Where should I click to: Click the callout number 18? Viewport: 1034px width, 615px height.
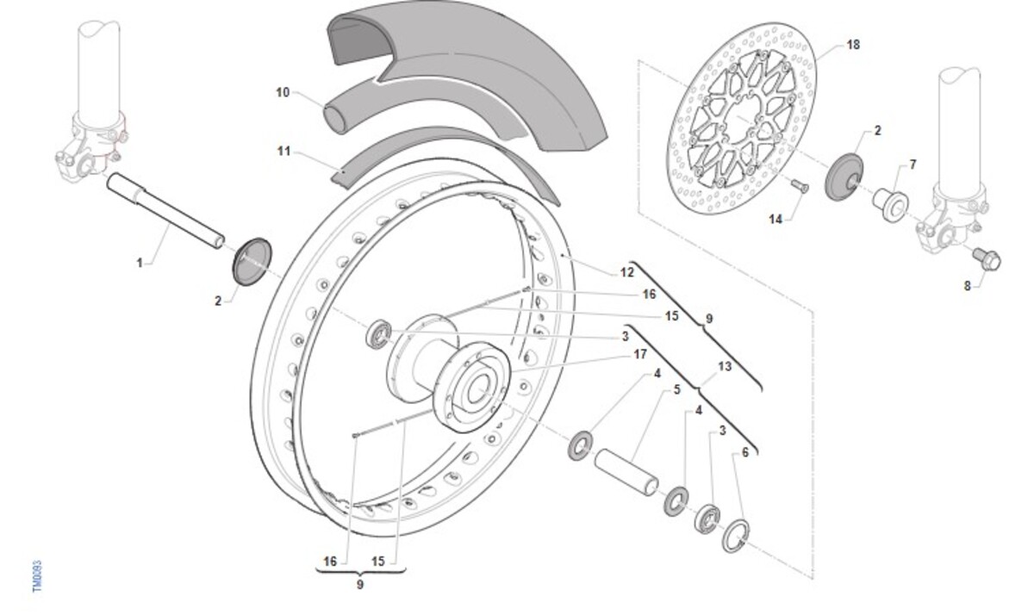click(852, 45)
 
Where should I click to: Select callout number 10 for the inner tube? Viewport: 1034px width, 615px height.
click(283, 92)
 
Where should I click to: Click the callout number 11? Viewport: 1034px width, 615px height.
click(283, 152)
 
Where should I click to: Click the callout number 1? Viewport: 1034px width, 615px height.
click(140, 263)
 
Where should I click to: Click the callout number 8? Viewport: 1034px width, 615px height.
click(968, 286)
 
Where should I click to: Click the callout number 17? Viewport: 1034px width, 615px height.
click(640, 353)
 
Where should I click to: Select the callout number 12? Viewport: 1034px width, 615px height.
click(626, 272)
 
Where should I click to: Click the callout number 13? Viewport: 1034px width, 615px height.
click(724, 367)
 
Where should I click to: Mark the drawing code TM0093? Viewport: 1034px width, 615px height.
click(37, 576)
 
